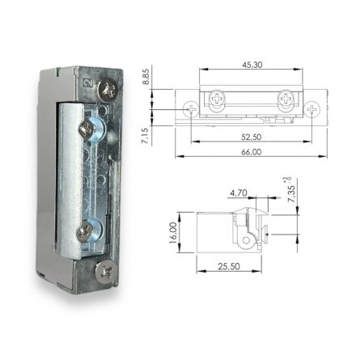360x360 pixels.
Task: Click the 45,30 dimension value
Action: (251, 66)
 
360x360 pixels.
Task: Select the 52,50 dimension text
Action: (252, 137)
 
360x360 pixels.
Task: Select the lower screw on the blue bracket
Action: (83, 232)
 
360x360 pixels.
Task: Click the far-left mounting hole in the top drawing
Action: (192, 107)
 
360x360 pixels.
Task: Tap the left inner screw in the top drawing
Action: (218, 99)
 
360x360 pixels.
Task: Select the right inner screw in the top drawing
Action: (286, 99)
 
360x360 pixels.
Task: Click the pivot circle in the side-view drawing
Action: (244, 240)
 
